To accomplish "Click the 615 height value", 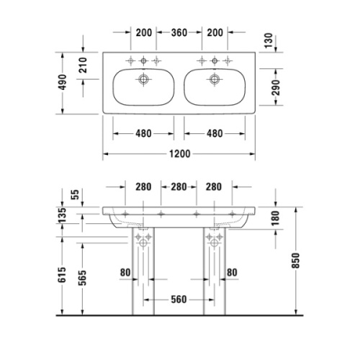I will [63, 274].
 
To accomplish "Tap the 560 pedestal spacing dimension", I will [179, 300].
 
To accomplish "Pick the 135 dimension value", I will [63, 214].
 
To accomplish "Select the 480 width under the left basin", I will [143, 134].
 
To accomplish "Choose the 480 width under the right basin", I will [214, 134].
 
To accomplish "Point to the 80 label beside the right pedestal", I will [233, 272].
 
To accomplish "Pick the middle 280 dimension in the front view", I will [179, 187].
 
